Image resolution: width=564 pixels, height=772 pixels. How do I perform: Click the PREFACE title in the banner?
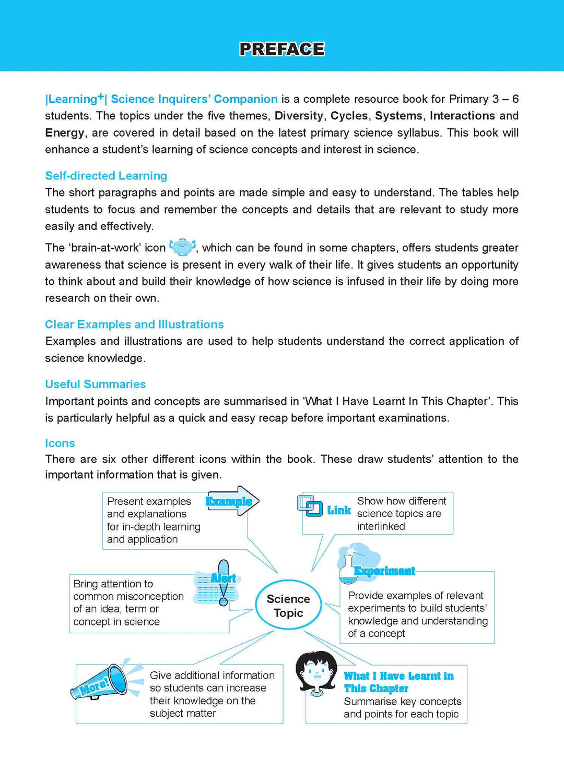coord(282,49)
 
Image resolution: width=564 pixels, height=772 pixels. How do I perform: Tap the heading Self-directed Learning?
coord(106,176)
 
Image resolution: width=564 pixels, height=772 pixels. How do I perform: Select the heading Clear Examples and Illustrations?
coord(134,324)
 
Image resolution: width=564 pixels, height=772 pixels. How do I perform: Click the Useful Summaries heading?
coord(95,384)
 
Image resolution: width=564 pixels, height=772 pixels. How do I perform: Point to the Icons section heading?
coord(60,443)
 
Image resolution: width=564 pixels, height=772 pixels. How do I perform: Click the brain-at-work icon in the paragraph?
coord(183,247)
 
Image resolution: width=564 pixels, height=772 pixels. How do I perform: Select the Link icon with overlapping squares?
coord(310,505)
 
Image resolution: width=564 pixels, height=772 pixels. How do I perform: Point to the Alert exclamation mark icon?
coord(224,583)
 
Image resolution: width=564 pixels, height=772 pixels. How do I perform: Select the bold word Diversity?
coord(299,116)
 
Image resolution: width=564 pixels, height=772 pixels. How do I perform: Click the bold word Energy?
coord(64,133)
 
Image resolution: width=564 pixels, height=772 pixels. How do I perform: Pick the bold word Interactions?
coord(462,116)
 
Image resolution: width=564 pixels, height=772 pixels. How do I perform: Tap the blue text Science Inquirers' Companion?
coord(194,99)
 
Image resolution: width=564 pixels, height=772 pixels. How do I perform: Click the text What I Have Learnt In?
coord(398,676)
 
